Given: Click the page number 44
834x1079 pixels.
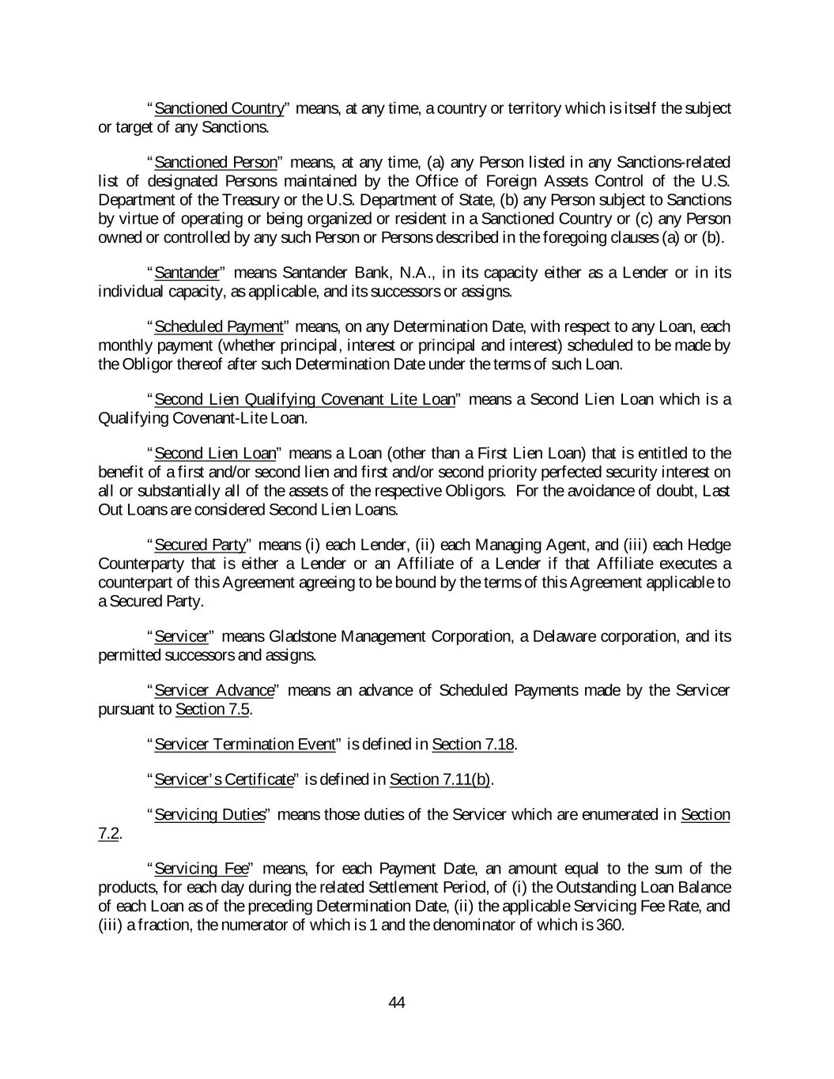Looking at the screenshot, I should point(397,1002).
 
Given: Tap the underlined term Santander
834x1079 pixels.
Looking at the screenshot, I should point(186,273).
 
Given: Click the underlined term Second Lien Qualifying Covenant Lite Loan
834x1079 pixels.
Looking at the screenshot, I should point(304,399).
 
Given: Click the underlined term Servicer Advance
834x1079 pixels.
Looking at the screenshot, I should point(213,690).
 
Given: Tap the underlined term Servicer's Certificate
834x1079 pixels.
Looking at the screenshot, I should point(224,779).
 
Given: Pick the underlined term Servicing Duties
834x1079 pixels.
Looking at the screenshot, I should point(209,814).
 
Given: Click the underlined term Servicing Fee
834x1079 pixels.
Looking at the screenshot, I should point(202,869).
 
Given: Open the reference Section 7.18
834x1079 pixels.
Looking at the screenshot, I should point(474,745).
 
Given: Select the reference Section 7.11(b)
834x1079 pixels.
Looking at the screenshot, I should point(440,779).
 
